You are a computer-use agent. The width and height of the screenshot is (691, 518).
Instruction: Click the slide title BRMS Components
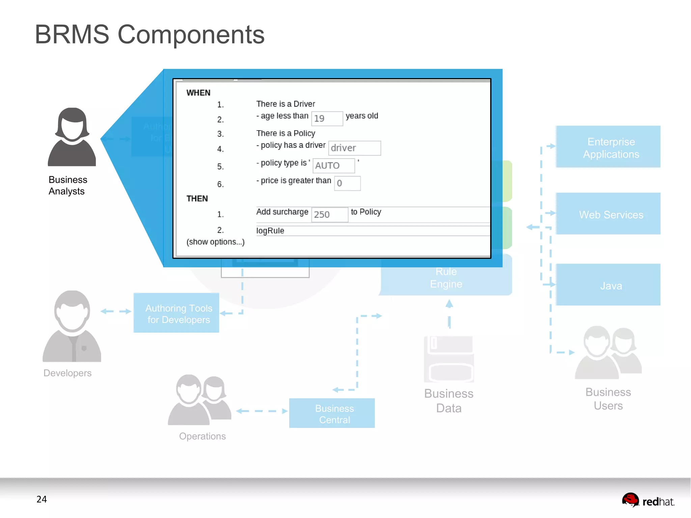[149, 34]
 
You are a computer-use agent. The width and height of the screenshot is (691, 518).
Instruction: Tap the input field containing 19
[327, 118]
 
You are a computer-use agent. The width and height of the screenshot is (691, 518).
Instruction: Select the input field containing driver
[354, 148]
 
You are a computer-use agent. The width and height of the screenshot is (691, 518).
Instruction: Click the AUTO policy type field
[333, 166]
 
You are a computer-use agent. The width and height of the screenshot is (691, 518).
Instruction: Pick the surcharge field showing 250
[329, 215]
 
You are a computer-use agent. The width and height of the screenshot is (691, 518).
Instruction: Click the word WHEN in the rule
[198, 93]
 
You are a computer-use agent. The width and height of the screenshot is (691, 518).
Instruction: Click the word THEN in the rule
[197, 199]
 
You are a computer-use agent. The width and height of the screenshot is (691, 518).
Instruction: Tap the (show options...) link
[216, 242]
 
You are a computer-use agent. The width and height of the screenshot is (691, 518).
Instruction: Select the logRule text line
[270, 231]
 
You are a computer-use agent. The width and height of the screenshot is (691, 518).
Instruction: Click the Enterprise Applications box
[608, 147]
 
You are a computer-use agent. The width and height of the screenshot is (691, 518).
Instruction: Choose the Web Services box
[608, 214]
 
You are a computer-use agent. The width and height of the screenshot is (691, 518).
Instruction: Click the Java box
[608, 285]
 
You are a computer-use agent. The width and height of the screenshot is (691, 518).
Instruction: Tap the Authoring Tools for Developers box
[176, 313]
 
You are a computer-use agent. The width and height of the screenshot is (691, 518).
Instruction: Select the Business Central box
[332, 413]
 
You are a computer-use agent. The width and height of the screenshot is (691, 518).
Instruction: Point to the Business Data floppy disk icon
[449, 359]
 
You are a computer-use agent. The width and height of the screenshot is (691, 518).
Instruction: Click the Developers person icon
[72, 326]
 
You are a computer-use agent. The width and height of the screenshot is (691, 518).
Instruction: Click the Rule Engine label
[446, 278]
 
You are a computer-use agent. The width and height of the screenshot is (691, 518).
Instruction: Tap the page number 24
[42, 499]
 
